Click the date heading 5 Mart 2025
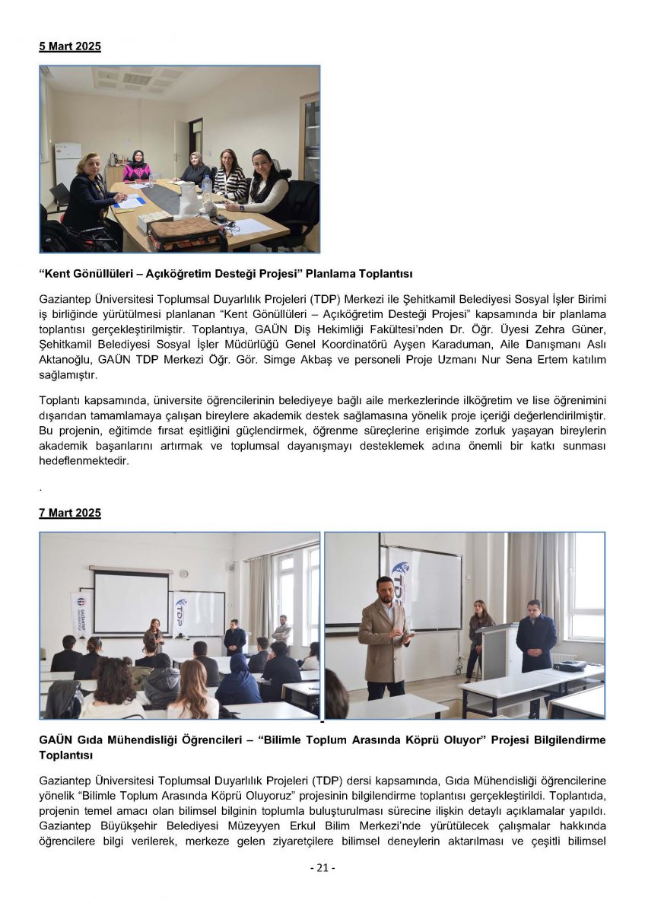(70, 46)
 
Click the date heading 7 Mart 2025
(70, 514)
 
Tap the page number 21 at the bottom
(322, 867)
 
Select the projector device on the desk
(568, 666)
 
